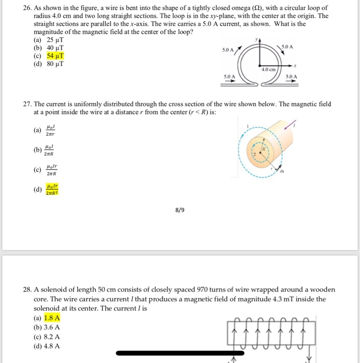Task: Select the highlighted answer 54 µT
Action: [55, 56]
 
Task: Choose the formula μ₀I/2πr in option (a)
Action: [50, 129]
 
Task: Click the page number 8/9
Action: [179, 210]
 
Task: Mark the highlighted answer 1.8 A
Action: [52, 318]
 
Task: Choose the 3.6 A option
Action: [52, 327]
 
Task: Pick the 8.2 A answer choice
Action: [52, 337]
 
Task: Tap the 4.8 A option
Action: [52, 346]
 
